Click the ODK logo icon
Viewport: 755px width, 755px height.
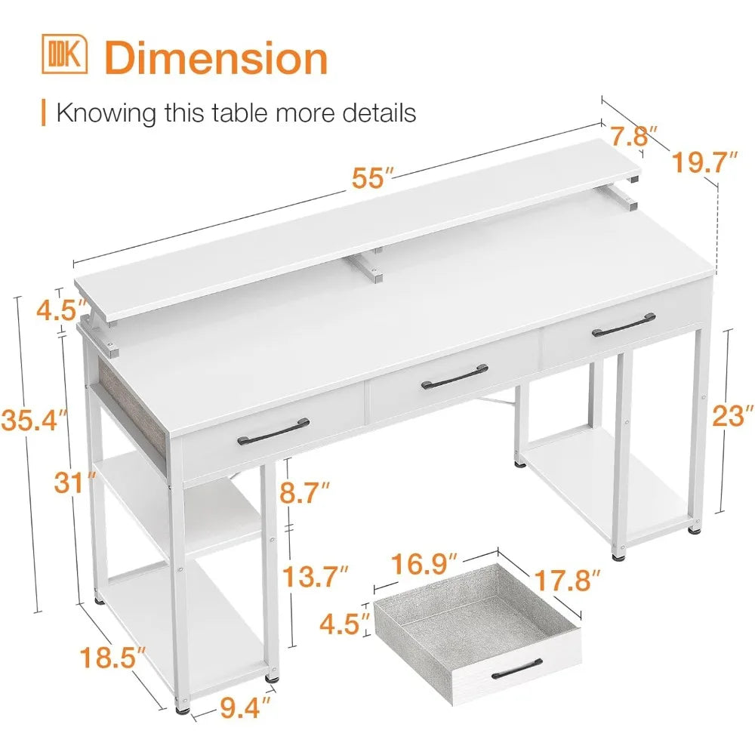click(x=64, y=54)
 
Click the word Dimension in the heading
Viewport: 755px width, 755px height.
click(x=216, y=58)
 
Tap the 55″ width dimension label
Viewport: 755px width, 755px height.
click(x=373, y=178)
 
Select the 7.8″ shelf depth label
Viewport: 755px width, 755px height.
click(x=633, y=136)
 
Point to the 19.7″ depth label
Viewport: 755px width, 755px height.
click(x=704, y=162)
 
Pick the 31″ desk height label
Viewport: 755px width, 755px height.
click(x=75, y=482)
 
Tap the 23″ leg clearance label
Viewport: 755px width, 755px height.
click(x=732, y=415)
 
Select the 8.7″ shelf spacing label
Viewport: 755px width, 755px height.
click(x=305, y=493)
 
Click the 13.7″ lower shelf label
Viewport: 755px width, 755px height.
click(x=315, y=576)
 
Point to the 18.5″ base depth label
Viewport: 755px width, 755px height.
click(x=112, y=658)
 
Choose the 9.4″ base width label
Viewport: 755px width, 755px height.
click(x=245, y=707)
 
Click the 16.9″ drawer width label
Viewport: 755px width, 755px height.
click(x=424, y=564)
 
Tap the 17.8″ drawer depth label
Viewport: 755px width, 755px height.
click(x=568, y=580)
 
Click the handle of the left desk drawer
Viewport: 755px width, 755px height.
click(x=273, y=432)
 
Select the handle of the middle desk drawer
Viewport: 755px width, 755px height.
click(x=455, y=377)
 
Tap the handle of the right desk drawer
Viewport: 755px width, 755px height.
click(x=624, y=325)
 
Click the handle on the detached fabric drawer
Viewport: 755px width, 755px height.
click(x=517, y=669)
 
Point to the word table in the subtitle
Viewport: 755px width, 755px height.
click(x=239, y=113)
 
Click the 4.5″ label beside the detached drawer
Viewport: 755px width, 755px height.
click(x=345, y=624)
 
